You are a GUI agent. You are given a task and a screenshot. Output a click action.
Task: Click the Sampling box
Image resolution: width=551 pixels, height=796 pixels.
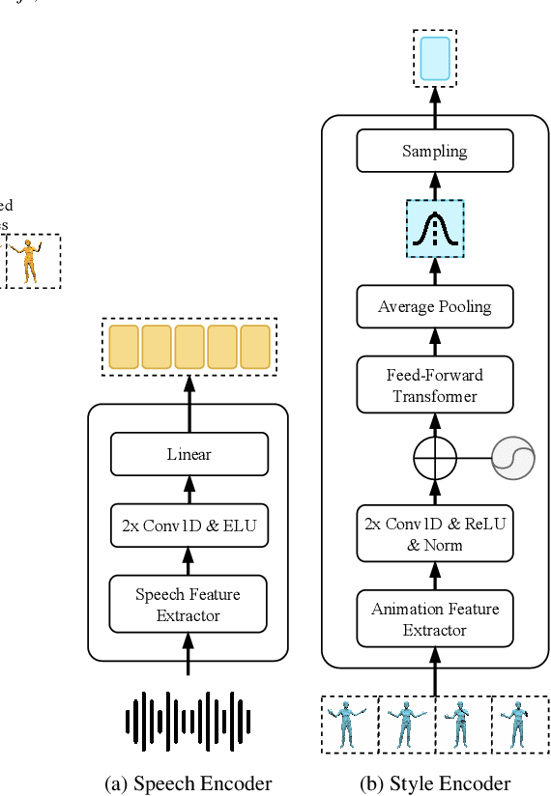click(434, 151)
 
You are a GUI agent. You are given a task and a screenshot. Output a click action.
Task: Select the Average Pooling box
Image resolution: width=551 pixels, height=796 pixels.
click(434, 306)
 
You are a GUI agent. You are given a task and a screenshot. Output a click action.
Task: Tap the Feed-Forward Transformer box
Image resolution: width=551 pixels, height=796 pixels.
click(434, 385)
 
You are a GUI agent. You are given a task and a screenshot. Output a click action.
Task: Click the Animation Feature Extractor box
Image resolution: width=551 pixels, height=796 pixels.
click(434, 619)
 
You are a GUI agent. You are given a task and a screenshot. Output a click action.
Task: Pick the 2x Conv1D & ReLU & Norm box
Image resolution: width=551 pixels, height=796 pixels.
click(434, 533)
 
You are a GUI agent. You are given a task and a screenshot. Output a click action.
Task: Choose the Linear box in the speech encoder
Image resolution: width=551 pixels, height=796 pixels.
click(188, 454)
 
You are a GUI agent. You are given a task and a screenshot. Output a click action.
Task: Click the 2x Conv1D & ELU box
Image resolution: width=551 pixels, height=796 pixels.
click(188, 526)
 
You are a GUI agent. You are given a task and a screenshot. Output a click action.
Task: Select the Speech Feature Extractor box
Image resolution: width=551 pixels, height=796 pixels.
click(188, 604)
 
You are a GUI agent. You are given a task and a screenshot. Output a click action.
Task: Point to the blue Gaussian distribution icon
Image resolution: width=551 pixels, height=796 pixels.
click(434, 228)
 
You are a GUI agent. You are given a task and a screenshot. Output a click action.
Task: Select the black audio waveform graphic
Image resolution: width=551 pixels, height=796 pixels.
click(188, 720)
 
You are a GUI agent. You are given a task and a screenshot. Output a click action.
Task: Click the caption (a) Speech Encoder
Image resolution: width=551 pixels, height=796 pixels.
click(188, 783)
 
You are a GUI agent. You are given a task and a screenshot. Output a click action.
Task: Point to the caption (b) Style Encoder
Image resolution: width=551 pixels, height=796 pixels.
click(435, 783)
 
